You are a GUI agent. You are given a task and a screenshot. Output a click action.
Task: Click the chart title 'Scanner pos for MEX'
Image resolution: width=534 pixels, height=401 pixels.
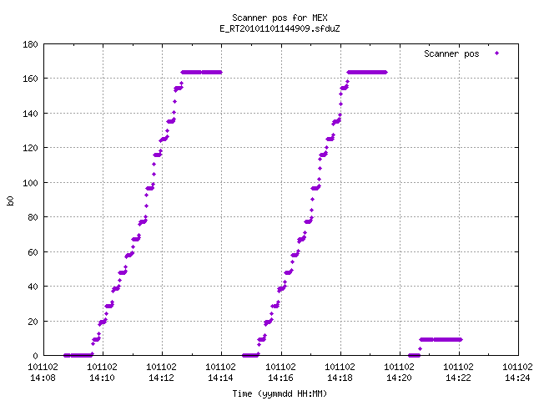click(280, 18)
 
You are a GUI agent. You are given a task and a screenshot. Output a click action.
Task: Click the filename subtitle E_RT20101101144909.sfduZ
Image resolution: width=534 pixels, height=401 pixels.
click(280, 28)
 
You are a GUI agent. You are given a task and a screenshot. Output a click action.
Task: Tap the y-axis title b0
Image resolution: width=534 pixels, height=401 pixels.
click(10, 200)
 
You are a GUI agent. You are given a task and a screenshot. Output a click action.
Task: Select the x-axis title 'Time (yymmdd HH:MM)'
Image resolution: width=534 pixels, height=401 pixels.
click(280, 393)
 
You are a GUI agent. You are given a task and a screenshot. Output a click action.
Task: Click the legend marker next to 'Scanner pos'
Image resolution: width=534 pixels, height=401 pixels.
click(497, 53)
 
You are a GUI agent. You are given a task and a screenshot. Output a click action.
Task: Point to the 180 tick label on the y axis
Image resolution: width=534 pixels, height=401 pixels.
click(30, 44)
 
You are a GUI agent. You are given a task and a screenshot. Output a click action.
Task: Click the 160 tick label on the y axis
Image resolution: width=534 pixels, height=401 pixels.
click(30, 79)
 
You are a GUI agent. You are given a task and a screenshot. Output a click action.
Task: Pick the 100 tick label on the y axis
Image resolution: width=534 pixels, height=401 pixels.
click(30, 183)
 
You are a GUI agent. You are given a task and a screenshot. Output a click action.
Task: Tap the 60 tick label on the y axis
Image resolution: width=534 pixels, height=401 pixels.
click(33, 252)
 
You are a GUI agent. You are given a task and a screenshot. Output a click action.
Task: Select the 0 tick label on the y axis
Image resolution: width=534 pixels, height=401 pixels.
click(35, 356)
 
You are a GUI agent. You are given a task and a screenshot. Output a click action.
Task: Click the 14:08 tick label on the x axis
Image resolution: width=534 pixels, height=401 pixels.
click(43, 378)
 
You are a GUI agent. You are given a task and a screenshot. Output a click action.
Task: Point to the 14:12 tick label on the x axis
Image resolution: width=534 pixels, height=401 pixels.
click(161, 378)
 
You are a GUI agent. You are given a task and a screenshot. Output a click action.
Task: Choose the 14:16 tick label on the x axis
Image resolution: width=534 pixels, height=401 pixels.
click(280, 378)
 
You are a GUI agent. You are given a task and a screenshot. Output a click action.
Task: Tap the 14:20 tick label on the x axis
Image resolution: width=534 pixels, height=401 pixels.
click(399, 378)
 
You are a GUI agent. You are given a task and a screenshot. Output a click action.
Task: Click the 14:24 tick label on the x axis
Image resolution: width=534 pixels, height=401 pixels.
click(517, 378)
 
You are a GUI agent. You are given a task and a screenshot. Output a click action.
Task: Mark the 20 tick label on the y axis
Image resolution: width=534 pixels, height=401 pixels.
click(33, 322)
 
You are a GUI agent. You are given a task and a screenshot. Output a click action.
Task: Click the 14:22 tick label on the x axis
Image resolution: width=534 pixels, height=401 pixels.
click(458, 378)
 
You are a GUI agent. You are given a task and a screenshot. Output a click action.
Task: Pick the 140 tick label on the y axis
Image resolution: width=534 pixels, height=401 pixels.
click(30, 114)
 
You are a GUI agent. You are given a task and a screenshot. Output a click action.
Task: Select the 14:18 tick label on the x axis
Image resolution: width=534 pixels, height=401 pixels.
click(340, 378)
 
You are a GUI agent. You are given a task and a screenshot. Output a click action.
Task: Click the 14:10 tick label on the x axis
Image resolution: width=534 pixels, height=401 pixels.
click(102, 378)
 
